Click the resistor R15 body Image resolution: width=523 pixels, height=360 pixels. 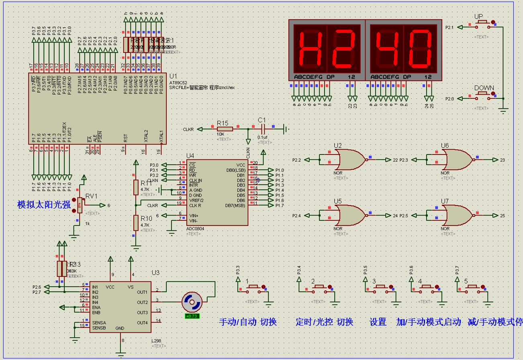[225, 129]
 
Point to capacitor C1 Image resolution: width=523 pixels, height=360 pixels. [264, 129]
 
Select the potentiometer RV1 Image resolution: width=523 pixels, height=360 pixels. [79, 206]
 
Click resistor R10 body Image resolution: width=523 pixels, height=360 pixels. [136, 223]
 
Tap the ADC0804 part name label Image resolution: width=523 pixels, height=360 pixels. [196, 229]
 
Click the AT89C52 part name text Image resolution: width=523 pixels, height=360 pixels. [178, 82]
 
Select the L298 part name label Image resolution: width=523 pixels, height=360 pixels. [156, 341]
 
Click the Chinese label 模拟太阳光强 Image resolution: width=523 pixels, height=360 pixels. [44, 205]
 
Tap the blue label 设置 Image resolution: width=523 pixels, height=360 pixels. [378, 322]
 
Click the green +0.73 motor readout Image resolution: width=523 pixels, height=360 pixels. [192, 316]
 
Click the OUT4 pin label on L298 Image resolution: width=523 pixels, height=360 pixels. [142, 323]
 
